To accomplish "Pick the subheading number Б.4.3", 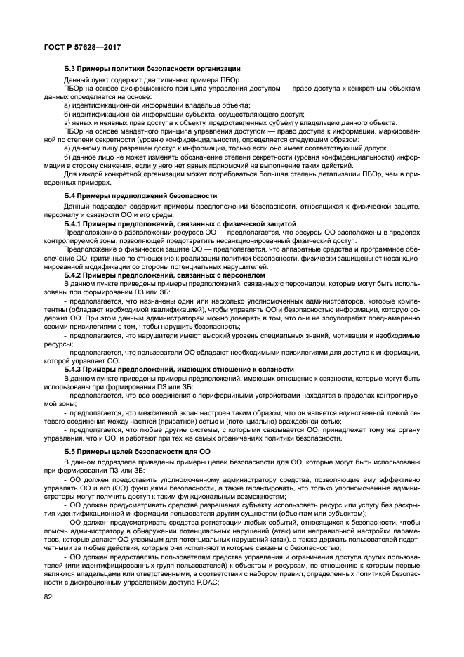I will pos(74,368).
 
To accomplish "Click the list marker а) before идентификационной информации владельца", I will pos(67,103).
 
